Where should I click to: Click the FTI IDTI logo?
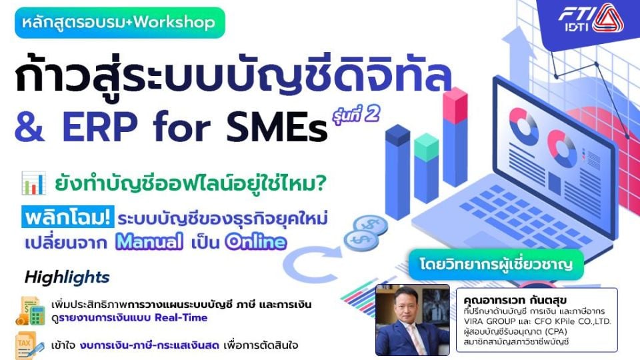pyautogui.click(x=590, y=19)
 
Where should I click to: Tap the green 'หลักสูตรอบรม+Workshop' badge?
pyautogui.click(x=119, y=23)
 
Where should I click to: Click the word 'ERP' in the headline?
pyautogui.click(x=100, y=127)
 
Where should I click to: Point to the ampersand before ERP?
pyautogui.click(x=29, y=127)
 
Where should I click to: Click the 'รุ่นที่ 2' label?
pyautogui.click(x=356, y=115)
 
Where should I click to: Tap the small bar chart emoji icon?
pyautogui.click(x=33, y=183)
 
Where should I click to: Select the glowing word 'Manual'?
pyautogui.click(x=149, y=241)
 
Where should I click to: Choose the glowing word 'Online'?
pyautogui.click(x=256, y=241)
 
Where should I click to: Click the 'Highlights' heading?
pyautogui.click(x=67, y=277)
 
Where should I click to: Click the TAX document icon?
pyautogui.click(x=29, y=345)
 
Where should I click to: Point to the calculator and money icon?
pyautogui.click(x=30, y=311)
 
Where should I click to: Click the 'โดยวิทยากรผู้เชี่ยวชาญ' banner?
pyautogui.click(x=496, y=265)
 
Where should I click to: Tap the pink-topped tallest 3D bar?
pyautogui.click(x=455, y=137)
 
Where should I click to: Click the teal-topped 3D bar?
pyautogui.click(x=427, y=168)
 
